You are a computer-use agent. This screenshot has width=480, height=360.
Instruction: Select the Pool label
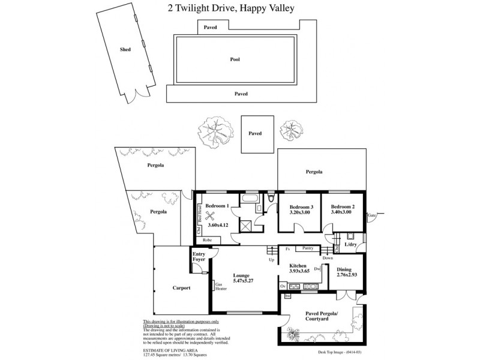click(x=235, y=59)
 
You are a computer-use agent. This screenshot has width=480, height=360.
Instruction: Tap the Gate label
click(x=372, y=215)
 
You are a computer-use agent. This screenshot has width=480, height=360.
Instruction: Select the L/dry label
click(x=350, y=244)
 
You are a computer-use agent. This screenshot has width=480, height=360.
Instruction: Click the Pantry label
click(x=309, y=248)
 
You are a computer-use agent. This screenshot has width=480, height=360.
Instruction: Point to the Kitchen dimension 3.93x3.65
click(x=298, y=272)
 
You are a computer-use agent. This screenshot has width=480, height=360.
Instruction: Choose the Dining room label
click(x=344, y=269)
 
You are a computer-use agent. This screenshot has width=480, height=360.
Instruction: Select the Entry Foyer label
click(x=199, y=257)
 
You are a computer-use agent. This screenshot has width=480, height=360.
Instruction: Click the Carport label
click(x=181, y=288)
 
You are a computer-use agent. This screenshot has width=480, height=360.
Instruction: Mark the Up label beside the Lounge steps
click(x=271, y=260)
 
